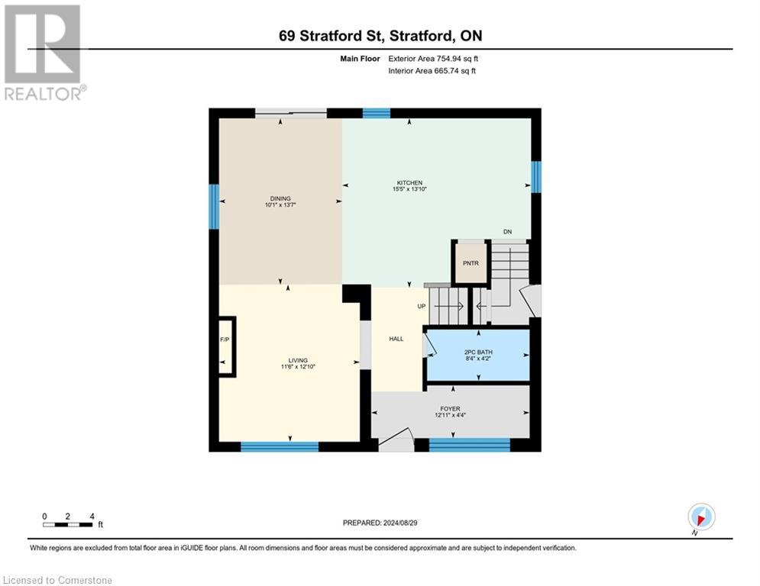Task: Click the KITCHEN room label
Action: (409, 183)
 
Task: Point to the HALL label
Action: (396, 339)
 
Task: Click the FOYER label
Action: (450, 409)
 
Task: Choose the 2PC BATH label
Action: (477, 353)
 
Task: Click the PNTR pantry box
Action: (471, 262)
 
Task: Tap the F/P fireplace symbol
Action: (225, 339)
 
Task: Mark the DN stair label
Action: (507, 232)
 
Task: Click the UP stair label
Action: (421, 307)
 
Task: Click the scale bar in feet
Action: (69, 523)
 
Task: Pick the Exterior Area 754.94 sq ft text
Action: (433, 58)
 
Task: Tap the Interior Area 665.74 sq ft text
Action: (432, 71)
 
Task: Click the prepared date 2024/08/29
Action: (380, 523)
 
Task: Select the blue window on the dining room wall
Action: (214, 206)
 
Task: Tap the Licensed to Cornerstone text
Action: (58, 580)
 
